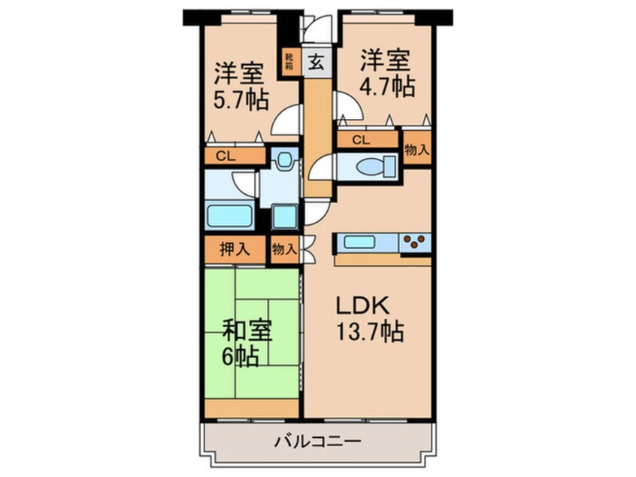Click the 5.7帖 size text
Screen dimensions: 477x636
(x=241, y=101)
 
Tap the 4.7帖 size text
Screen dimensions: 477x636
(x=386, y=86)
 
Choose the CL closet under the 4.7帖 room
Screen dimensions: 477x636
(x=361, y=139)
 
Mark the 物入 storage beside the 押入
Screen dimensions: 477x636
(x=283, y=249)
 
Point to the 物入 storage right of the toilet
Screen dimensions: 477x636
(x=417, y=149)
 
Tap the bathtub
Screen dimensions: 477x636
(x=230, y=215)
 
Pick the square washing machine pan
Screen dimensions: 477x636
(x=285, y=216)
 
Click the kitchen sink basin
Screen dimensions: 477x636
(x=365, y=243)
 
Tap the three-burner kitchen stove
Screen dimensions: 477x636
(x=414, y=243)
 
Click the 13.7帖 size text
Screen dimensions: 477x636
(x=368, y=331)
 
